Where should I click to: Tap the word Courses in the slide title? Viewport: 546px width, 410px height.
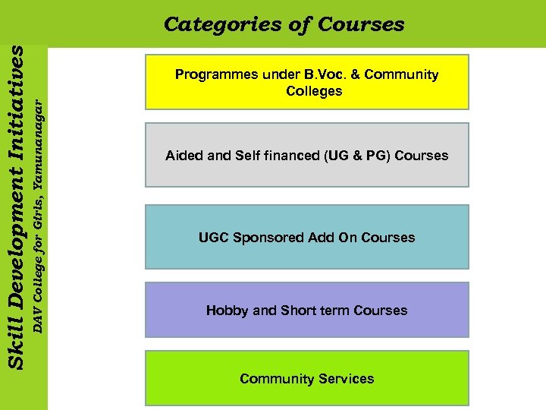[361, 24]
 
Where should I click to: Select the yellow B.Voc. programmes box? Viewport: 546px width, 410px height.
[306, 82]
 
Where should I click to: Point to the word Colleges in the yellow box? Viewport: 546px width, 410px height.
[314, 91]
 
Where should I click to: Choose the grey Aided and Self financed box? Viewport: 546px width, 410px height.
[306, 155]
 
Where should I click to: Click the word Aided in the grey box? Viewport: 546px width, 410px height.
[182, 156]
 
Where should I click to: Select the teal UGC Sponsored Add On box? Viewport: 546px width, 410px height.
[306, 237]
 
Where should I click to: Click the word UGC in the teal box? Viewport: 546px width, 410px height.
[213, 238]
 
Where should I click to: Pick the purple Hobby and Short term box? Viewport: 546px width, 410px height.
[306, 310]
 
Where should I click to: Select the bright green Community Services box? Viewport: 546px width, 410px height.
[306, 378]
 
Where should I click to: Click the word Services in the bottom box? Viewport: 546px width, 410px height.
[346, 379]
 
